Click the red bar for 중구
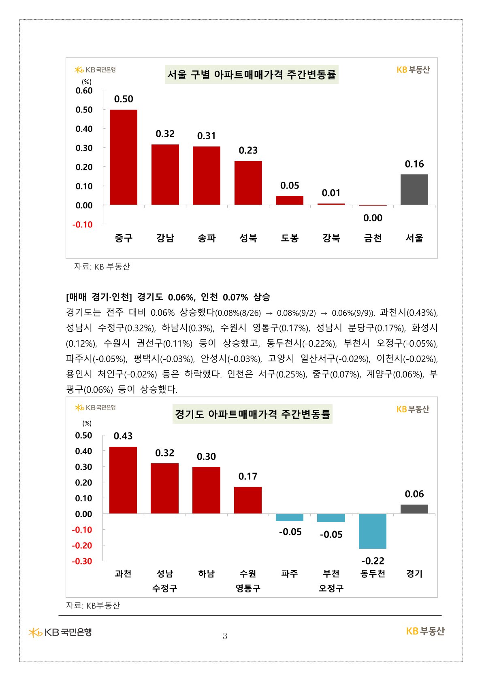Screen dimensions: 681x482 pos(124,157)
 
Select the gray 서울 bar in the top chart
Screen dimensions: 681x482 pos(414,189)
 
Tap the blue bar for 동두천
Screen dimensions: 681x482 pos(373,531)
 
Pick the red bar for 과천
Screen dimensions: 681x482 pos(123,480)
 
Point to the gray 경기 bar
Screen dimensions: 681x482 pos(414,509)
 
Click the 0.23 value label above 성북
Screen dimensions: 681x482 pos(248,151)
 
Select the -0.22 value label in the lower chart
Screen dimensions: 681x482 pos(373,561)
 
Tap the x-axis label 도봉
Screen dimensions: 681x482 pos(290,238)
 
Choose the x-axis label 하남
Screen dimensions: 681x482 pos(206,573)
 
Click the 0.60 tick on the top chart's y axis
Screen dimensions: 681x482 pos(84,91)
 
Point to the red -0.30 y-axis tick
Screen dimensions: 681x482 pos(82,561)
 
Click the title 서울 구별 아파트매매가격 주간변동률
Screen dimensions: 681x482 pos(252,74)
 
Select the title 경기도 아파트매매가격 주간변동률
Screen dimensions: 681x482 pos(252,414)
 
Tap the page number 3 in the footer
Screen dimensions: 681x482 pos(225,636)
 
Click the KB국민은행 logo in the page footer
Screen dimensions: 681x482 pos(60,632)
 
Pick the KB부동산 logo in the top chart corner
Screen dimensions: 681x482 pos(413,70)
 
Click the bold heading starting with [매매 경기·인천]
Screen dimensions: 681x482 pos(168,297)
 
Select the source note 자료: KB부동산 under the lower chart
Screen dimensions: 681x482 pos(93,605)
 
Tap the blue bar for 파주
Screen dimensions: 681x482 pos(290,518)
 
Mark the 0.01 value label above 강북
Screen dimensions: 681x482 pos(331,193)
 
